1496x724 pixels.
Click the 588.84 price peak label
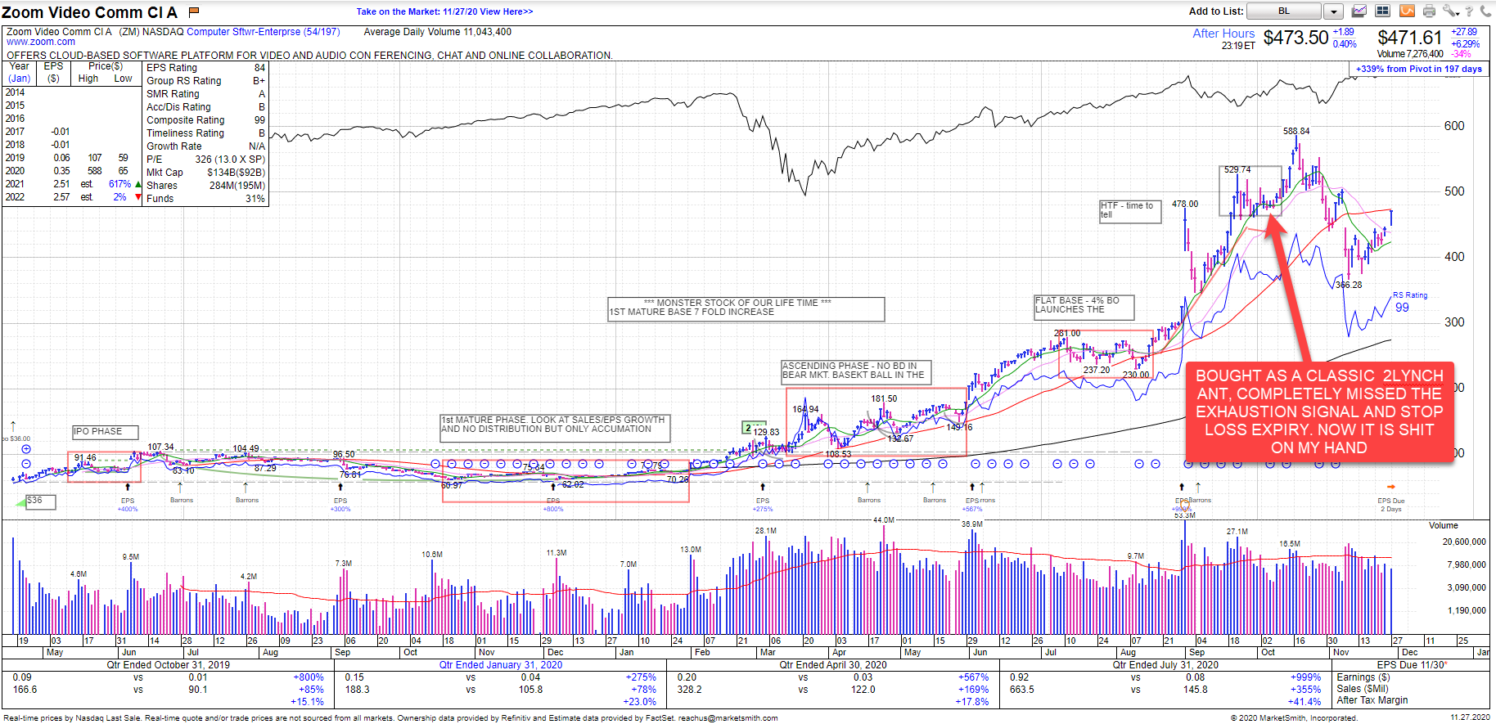coord(1295,131)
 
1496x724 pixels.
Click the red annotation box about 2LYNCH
coord(1319,411)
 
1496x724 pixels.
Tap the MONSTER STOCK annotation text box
coord(746,308)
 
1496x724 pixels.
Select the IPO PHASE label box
coord(105,432)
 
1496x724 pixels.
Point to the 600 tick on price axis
coord(1454,126)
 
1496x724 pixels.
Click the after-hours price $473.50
coord(1295,38)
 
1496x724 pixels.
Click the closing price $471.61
coord(1409,38)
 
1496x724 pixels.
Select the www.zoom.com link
coord(41,42)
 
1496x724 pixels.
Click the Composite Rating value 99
coord(259,120)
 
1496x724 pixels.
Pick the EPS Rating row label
coord(172,68)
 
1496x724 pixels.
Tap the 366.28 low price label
coord(1349,286)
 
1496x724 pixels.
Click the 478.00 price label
coord(1184,205)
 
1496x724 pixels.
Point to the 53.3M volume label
coord(1184,515)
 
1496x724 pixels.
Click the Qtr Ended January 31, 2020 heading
coord(500,665)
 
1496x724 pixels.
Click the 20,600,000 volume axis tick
coord(1463,542)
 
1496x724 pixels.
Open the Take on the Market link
coord(444,11)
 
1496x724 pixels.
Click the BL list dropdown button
coord(1333,11)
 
